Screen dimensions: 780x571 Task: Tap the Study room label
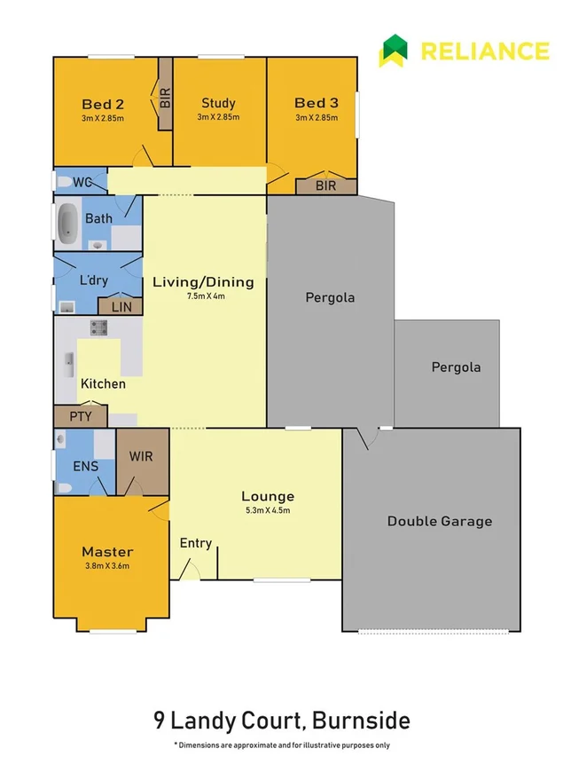point(218,102)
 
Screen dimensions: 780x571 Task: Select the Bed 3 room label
point(316,102)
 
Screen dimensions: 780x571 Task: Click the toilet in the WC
point(64,182)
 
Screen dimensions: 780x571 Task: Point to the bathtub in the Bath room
point(67,225)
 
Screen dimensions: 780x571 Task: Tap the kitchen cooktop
point(98,328)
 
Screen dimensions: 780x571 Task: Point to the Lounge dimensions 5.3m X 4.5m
point(268,510)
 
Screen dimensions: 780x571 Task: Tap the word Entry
point(195,543)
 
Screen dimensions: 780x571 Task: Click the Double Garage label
point(439,521)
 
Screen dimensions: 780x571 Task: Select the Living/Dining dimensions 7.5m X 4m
point(203,296)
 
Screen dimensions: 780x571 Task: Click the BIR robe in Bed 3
point(326,186)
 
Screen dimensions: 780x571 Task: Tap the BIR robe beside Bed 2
point(165,96)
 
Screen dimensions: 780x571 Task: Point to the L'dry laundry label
point(94,280)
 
